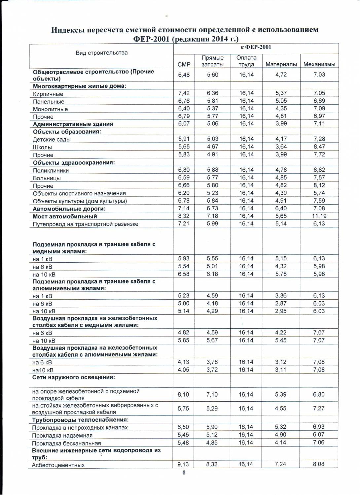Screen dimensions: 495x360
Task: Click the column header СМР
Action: (x=184, y=64)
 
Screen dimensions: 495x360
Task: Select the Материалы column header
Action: (x=281, y=64)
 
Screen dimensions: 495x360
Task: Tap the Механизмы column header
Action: (x=319, y=64)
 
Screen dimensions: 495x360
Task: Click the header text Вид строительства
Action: (x=102, y=53)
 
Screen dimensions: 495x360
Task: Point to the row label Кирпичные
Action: (x=48, y=94)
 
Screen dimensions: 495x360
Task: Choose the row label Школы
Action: (x=42, y=147)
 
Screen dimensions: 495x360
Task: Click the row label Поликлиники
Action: (x=51, y=171)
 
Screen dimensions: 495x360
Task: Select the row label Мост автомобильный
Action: (x=65, y=216)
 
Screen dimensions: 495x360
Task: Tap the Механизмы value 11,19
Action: (x=319, y=216)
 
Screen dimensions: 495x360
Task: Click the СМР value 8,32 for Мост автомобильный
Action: (x=184, y=216)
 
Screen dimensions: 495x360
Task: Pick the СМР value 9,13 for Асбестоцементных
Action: (x=183, y=464)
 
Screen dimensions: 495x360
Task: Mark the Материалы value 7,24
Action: (x=280, y=464)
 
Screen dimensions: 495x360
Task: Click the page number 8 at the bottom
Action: (x=184, y=473)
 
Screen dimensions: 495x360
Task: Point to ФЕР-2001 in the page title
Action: (x=151, y=39)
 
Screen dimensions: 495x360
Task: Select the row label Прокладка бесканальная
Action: (x=66, y=443)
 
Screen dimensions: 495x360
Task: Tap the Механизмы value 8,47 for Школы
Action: (x=319, y=147)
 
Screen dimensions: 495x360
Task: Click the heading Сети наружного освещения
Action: (x=74, y=377)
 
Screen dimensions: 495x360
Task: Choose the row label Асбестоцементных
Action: (x=58, y=465)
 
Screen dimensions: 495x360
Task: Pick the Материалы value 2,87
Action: (x=281, y=304)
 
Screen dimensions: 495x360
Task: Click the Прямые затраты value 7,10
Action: (x=212, y=395)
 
